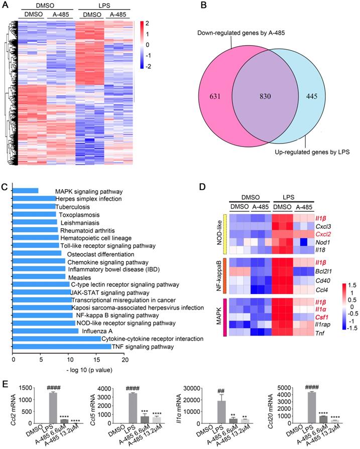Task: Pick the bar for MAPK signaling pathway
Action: click(x=25, y=191)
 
